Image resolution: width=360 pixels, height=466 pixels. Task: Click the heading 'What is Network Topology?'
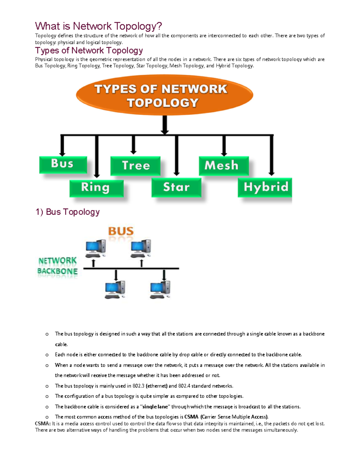click(x=98, y=26)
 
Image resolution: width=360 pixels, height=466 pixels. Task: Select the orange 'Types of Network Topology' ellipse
click(x=164, y=95)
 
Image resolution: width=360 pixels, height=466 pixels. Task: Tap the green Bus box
click(x=63, y=164)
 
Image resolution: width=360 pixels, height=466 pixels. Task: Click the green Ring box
click(x=96, y=188)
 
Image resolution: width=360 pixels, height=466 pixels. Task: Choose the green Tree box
click(x=135, y=165)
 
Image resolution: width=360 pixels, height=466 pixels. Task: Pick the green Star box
click(x=176, y=187)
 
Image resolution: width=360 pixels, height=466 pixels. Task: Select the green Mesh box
click(x=223, y=165)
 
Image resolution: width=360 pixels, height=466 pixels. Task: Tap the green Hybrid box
click(x=265, y=187)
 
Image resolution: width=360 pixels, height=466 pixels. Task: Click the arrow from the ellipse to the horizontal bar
click(x=165, y=125)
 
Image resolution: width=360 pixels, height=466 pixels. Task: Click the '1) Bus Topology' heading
click(x=67, y=212)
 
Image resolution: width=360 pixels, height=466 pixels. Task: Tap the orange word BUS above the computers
click(x=121, y=231)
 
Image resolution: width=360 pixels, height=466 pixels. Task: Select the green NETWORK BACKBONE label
click(x=57, y=266)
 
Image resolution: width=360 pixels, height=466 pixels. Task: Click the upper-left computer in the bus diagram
click(x=95, y=248)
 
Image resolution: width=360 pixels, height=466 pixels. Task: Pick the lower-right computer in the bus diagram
click(x=160, y=289)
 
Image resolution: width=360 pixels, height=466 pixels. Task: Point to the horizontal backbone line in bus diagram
click(x=131, y=268)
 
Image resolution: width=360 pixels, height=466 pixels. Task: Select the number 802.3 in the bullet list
click(x=138, y=386)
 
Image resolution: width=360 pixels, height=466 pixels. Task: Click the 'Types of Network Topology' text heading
click(x=89, y=50)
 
